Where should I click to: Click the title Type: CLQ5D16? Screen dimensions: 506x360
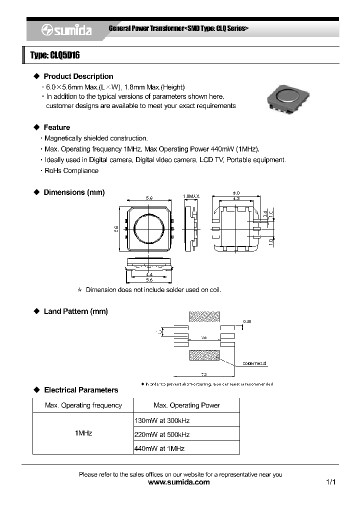[x=55, y=55]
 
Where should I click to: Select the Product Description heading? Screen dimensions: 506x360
[x=78, y=76]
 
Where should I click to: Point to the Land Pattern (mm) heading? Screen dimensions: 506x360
[x=75, y=311]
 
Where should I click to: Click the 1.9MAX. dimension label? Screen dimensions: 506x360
[x=191, y=196]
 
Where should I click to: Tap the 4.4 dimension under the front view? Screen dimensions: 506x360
[x=149, y=274]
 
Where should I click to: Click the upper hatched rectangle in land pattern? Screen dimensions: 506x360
[x=204, y=316]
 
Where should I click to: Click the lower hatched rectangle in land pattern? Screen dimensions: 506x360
[x=204, y=354]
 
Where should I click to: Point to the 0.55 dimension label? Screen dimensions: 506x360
[x=247, y=321]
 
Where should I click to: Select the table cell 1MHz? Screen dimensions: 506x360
[x=83, y=433]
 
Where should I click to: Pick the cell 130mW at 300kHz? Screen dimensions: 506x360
[x=162, y=420]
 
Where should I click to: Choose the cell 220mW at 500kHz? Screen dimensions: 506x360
[x=162, y=434]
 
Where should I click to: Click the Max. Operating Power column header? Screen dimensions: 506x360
[x=186, y=405]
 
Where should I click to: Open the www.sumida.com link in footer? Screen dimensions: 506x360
[x=179, y=482]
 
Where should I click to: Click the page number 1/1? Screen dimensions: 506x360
[x=330, y=482]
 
